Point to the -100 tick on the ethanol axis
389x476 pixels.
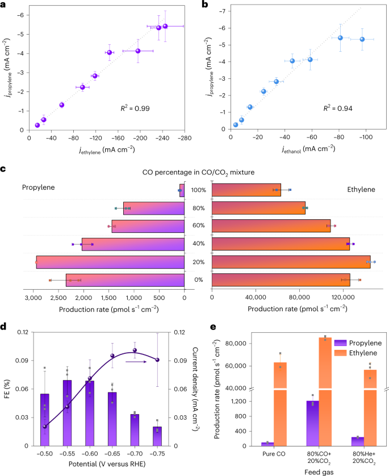click(x=365, y=137)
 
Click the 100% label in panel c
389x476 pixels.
click(x=198, y=191)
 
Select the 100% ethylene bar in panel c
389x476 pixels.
click(x=246, y=191)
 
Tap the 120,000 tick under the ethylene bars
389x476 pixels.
click(x=342, y=297)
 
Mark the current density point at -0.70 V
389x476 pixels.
click(x=135, y=350)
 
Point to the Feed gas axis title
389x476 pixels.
click(x=312, y=471)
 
